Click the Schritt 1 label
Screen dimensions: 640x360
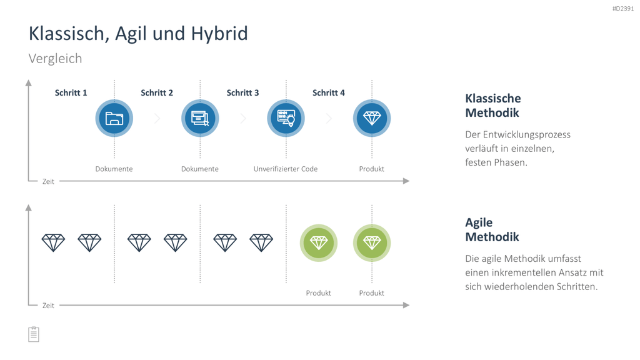pyautogui.click(x=71, y=92)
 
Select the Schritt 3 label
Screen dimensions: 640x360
pyautogui.click(x=243, y=92)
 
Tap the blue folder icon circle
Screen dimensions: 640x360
pyautogui.click(x=114, y=118)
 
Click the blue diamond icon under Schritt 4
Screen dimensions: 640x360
pyautogui.click(x=372, y=118)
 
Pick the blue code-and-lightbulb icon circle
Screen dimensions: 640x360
pyautogui.click(x=286, y=118)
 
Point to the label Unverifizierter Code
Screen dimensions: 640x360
pyautogui.click(x=286, y=169)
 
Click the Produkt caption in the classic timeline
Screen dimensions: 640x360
pyautogui.click(x=371, y=169)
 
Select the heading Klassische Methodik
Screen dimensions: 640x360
pyautogui.click(x=493, y=105)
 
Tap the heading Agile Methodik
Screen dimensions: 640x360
pyautogui.click(x=492, y=229)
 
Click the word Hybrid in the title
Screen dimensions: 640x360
pyautogui.click(x=219, y=34)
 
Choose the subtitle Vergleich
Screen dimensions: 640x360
pyautogui.click(x=55, y=58)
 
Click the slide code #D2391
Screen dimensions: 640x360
pyautogui.click(x=623, y=9)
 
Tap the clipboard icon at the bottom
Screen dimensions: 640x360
pyautogui.click(x=34, y=334)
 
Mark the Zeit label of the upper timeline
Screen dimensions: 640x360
pyautogui.click(x=48, y=182)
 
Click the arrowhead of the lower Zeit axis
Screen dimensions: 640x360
pyautogui.click(x=406, y=305)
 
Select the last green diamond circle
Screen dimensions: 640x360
pyautogui.click(x=372, y=243)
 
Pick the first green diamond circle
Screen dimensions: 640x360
pyautogui.click(x=319, y=243)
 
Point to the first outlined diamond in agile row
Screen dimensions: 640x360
pyautogui.click(x=54, y=242)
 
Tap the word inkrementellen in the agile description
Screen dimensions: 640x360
pyautogui.click(x=533, y=272)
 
